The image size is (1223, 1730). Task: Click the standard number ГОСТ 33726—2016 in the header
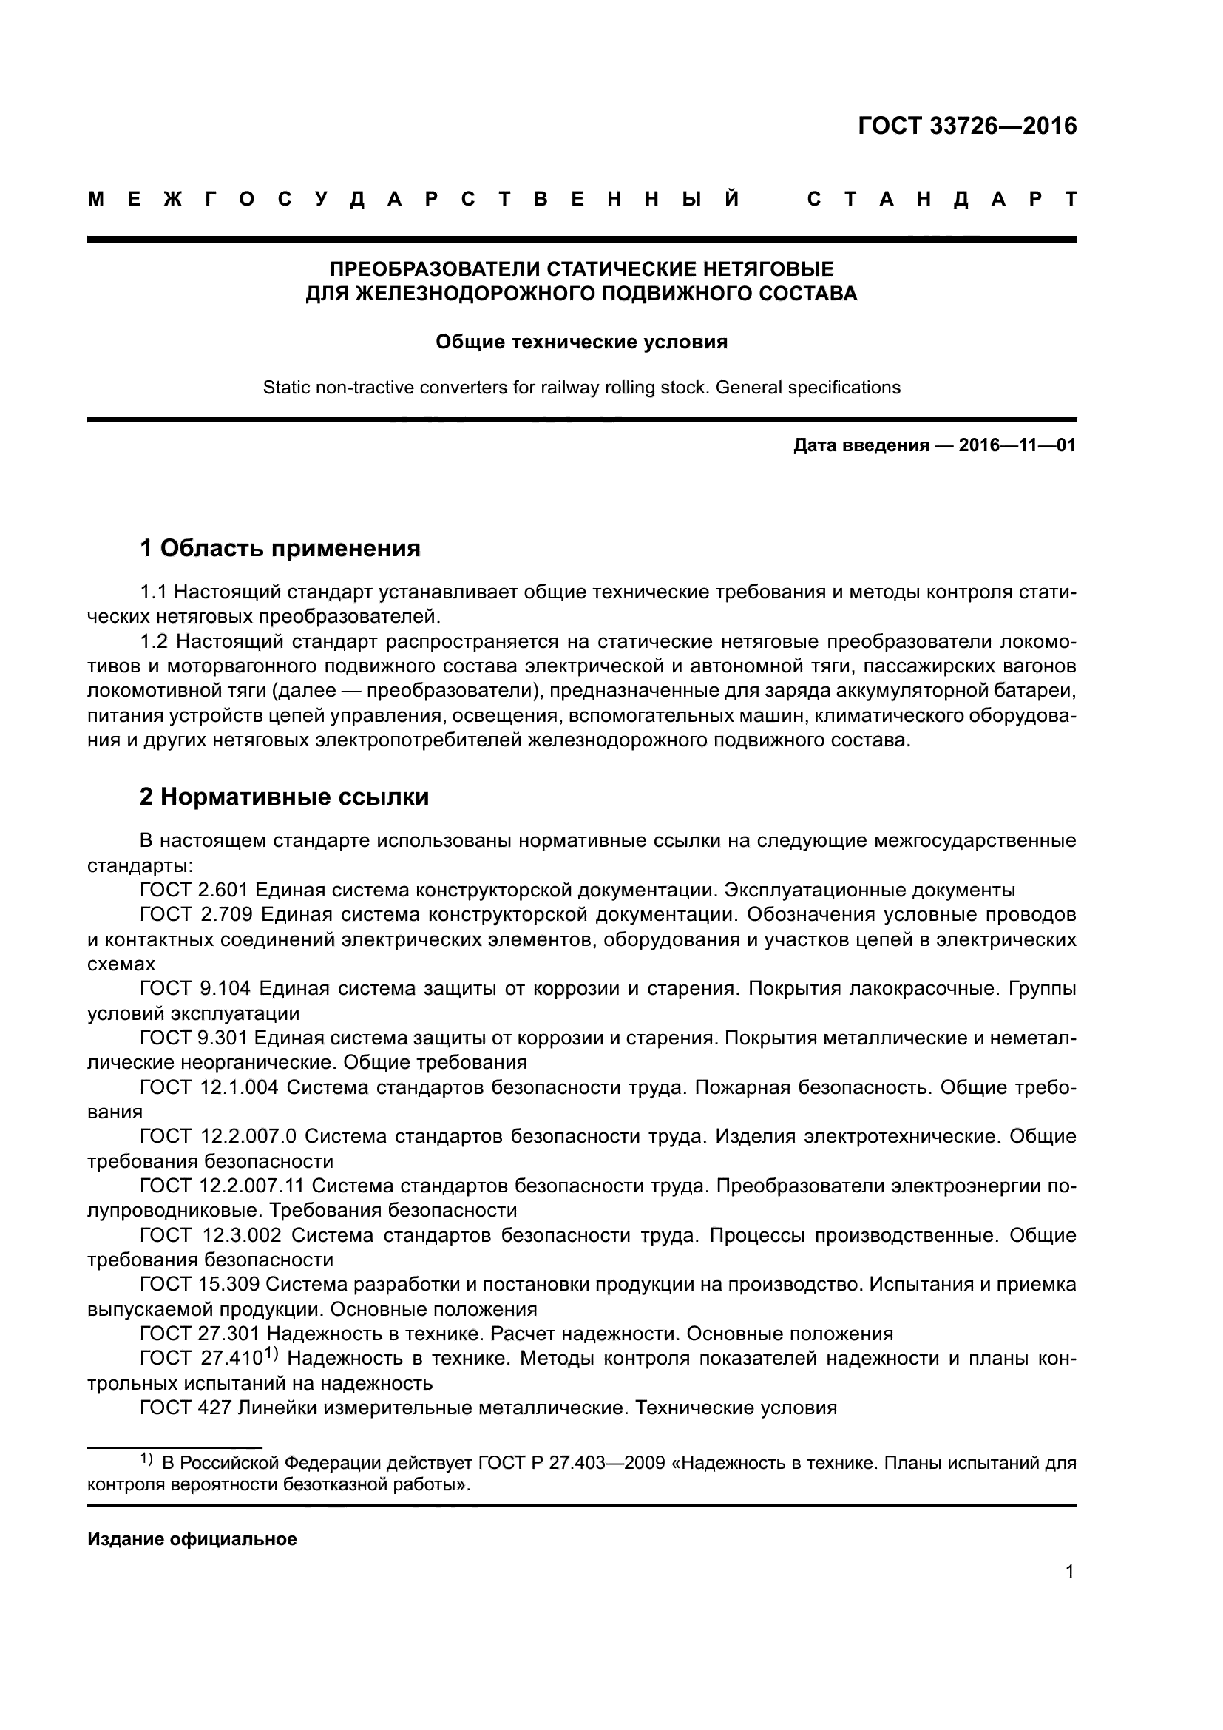(967, 126)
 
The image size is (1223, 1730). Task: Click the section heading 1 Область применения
(280, 548)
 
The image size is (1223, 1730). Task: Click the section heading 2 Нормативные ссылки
(284, 797)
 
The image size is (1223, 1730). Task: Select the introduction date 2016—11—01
(1017, 445)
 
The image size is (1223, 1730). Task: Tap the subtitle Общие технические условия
(581, 342)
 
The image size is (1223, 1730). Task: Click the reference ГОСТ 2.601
(194, 890)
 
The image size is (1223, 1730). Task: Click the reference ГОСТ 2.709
(194, 915)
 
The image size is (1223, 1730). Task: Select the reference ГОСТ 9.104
(194, 988)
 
